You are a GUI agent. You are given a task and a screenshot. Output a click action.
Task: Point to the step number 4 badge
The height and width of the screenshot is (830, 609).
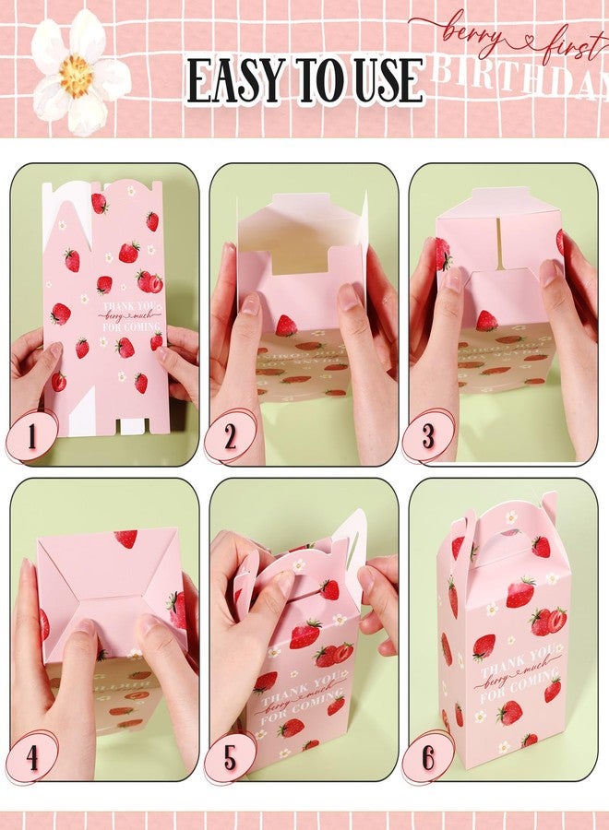(31, 757)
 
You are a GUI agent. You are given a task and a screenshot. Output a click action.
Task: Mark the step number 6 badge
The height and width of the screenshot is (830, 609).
(428, 757)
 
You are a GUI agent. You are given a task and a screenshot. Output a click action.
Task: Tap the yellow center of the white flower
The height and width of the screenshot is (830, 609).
(77, 77)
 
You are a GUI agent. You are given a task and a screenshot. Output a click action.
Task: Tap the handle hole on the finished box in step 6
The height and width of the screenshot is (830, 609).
(510, 518)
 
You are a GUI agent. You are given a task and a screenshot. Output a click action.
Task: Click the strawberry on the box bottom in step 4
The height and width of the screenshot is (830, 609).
(127, 538)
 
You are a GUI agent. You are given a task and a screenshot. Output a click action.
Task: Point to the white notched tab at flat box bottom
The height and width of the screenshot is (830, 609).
(134, 425)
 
